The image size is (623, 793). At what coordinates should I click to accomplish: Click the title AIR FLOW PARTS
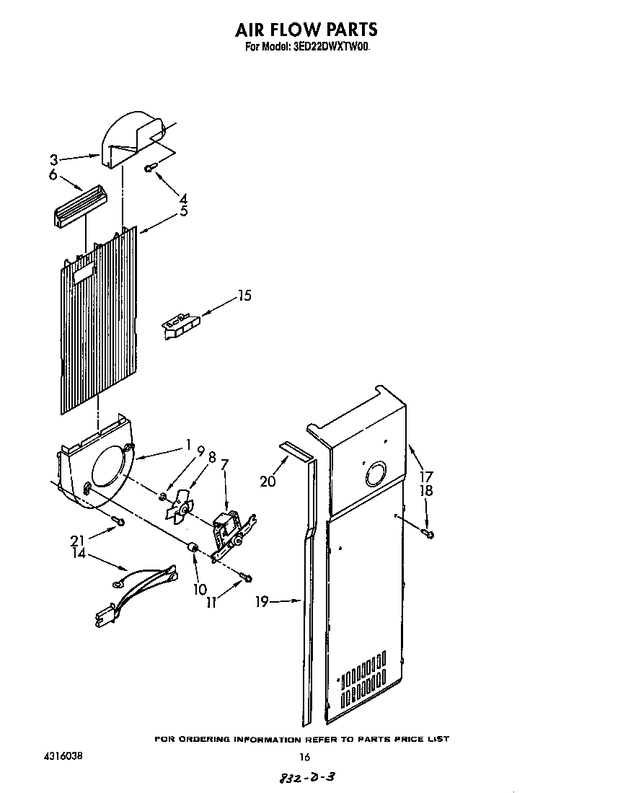tap(306, 30)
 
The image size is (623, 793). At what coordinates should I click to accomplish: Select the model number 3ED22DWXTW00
tap(332, 48)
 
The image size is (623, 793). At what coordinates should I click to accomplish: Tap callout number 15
tap(244, 296)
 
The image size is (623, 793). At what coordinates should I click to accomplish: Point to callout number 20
tap(268, 480)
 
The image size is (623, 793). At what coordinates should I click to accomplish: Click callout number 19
tap(262, 601)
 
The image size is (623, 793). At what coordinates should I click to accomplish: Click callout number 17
tap(426, 476)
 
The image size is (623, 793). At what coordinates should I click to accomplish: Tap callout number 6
tap(53, 174)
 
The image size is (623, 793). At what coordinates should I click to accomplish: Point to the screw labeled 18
tap(429, 533)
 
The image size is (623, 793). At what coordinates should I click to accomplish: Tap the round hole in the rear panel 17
tap(376, 475)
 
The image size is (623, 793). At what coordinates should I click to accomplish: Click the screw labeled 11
tap(247, 577)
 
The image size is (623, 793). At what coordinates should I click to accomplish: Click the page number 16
tap(304, 756)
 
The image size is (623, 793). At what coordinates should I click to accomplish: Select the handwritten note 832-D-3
tap(306, 778)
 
